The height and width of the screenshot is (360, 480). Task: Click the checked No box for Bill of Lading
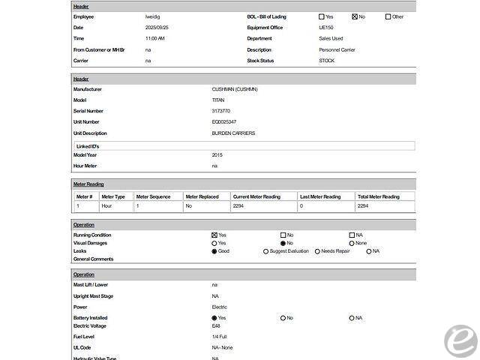tap(355, 16)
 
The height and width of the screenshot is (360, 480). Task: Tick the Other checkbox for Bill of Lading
tap(388, 16)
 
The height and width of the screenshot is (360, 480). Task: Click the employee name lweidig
tap(153, 16)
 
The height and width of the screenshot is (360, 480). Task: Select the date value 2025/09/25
tap(157, 27)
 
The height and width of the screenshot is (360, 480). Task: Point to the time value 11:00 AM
tap(155, 38)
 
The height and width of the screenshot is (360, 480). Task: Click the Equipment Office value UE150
tap(326, 27)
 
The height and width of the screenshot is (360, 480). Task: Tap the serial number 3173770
tap(221, 111)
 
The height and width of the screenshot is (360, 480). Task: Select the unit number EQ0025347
tap(224, 121)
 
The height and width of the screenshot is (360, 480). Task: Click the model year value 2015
tap(217, 154)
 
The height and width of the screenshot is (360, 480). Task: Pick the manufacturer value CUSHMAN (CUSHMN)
tap(235, 89)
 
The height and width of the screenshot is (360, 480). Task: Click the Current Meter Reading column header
tap(256, 196)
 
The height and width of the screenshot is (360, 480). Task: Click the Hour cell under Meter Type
tap(106, 205)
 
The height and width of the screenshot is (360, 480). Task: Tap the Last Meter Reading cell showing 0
tap(301, 205)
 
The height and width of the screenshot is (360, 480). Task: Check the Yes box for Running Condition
tap(214, 235)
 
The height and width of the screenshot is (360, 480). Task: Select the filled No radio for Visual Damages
tap(283, 243)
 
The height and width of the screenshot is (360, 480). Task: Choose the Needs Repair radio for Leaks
tap(317, 251)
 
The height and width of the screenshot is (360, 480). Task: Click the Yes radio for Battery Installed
tap(214, 318)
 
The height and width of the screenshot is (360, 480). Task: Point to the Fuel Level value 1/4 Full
tap(218, 337)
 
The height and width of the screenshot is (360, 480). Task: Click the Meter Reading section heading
tap(88, 184)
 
